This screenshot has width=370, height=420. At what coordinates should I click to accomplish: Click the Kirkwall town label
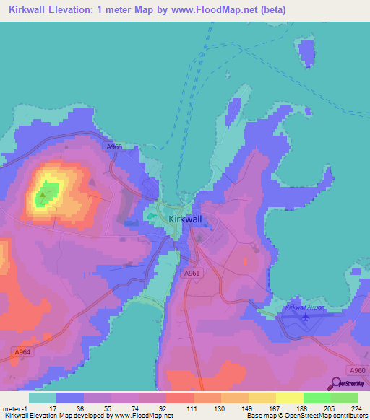[184, 219]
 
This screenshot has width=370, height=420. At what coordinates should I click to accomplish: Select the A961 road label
[191, 273]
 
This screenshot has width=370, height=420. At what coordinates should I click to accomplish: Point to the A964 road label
[22, 352]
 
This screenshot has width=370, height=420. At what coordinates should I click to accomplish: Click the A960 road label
[356, 369]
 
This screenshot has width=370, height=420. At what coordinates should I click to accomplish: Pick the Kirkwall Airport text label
[304, 307]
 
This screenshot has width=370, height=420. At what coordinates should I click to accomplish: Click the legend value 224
[355, 408]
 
